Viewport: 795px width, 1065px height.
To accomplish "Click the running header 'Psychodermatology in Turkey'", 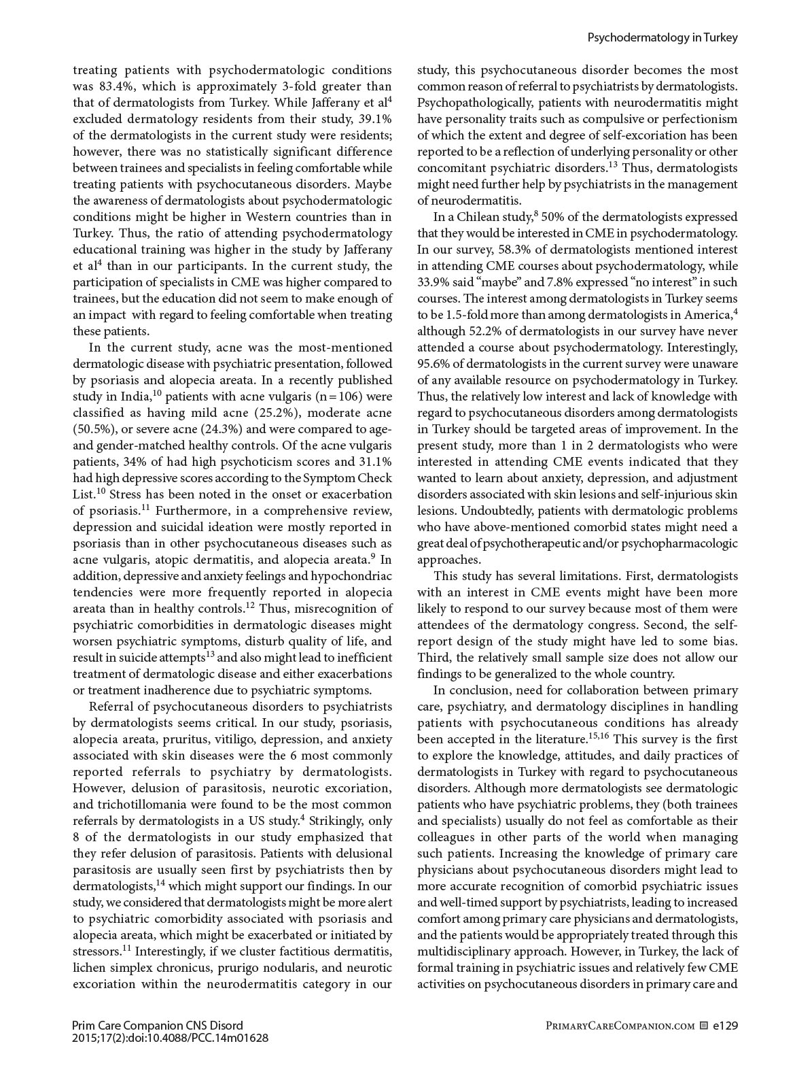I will coord(662,38).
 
